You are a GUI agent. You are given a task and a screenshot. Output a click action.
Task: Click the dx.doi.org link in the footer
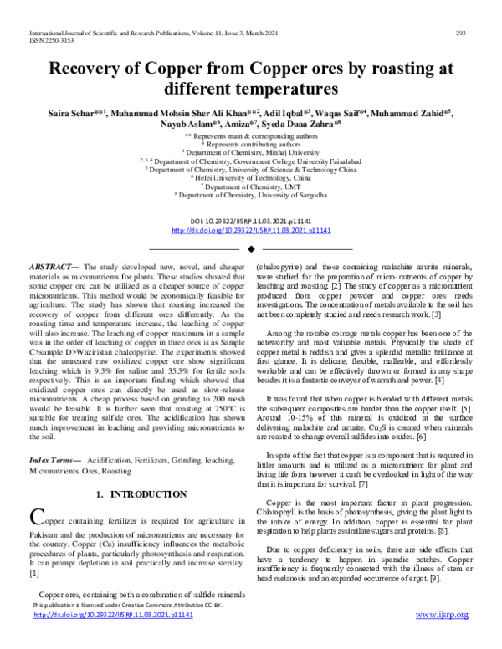[114, 638]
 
